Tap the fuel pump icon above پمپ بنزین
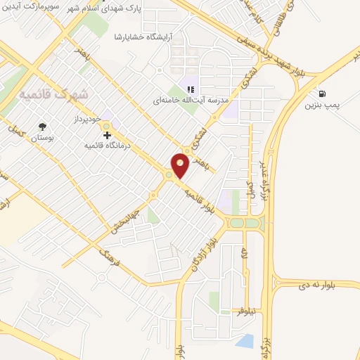click(x=322, y=94)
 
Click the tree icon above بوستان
click(x=44, y=127)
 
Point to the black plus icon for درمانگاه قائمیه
click(x=107, y=134)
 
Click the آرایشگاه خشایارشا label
click(x=143, y=36)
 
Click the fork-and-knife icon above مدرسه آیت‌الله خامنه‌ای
click(x=190, y=89)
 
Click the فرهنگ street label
click(x=111, y=262)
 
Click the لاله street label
click(x=244, y=250)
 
